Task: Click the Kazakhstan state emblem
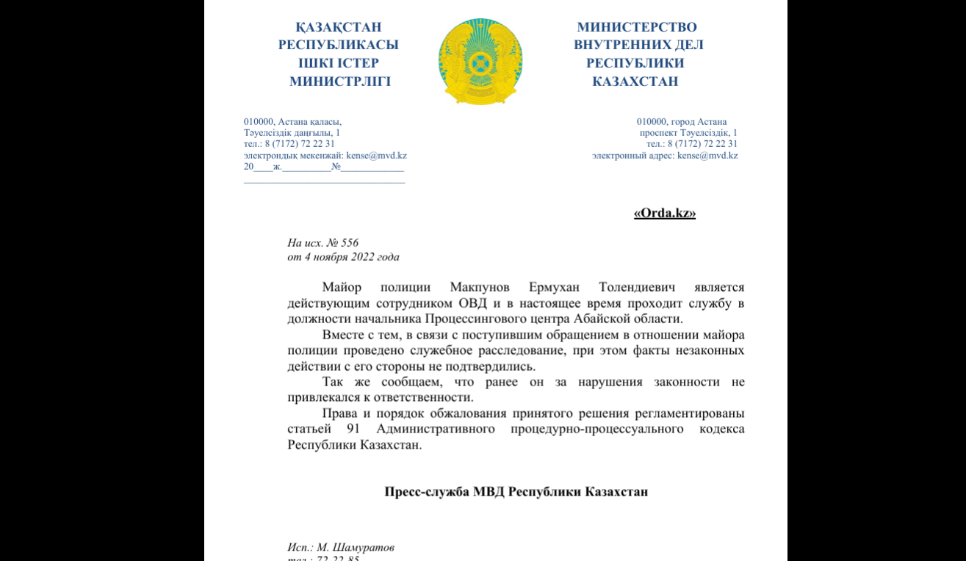[x=480, y=61]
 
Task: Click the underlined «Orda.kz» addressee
[x=664, y=213]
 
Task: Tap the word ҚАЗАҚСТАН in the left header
[x=339, y=27]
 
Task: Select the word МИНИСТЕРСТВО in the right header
[x=637, y=27]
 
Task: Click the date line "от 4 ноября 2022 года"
[x=343, y=257]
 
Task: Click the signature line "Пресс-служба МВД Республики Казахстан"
[x=516, y=491]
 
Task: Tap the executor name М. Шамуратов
[x=353, y=548]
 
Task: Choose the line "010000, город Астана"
[x=682, y=122]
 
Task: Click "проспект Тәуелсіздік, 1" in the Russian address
[x=688, y=133]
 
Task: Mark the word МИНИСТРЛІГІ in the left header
[x=339, y=82]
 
